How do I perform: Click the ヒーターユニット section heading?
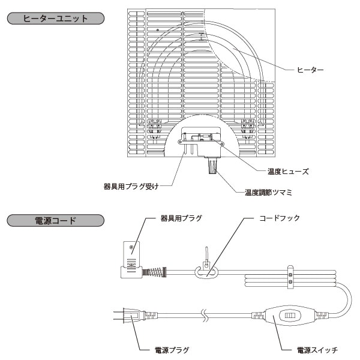point(55,18)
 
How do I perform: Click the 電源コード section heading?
point(55,220)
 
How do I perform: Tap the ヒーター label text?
point(310,70)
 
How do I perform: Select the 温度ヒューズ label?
point(289,171)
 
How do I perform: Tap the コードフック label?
point(278,218)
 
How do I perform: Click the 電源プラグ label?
point(166,348)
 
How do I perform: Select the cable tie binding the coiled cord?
point(292,277)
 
